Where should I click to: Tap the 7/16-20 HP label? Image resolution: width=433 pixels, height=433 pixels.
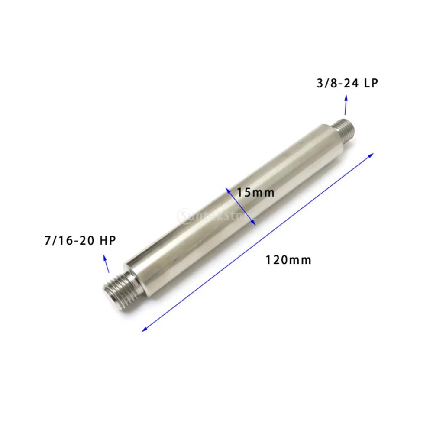point(80,240)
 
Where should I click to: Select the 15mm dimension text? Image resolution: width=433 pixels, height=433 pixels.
point(255,192)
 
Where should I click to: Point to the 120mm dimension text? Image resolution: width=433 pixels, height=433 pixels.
point(288,260)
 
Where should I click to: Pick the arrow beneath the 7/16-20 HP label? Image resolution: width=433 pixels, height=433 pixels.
point(106,264)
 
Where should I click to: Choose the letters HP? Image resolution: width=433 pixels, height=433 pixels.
point(108,240)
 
